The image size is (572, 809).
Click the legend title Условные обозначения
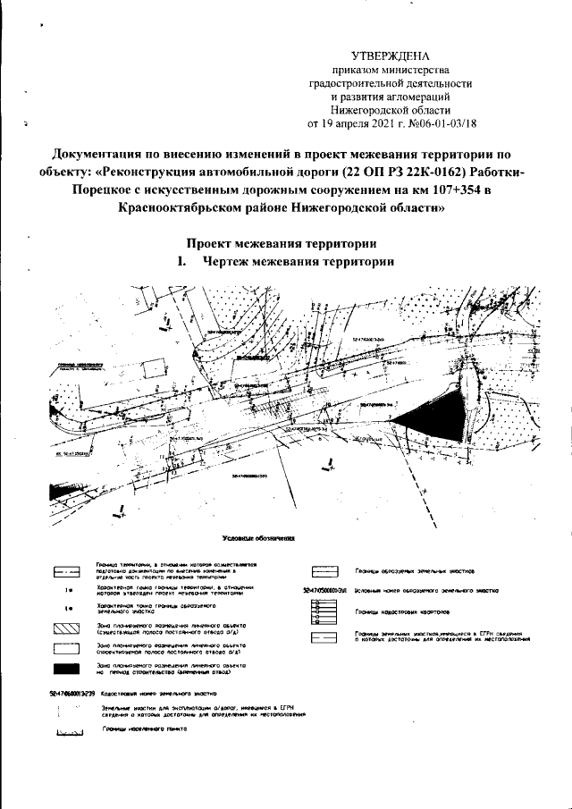coord(258,538)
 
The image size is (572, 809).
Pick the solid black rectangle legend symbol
coord(69,670)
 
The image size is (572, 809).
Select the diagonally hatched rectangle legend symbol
coord(69,628)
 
